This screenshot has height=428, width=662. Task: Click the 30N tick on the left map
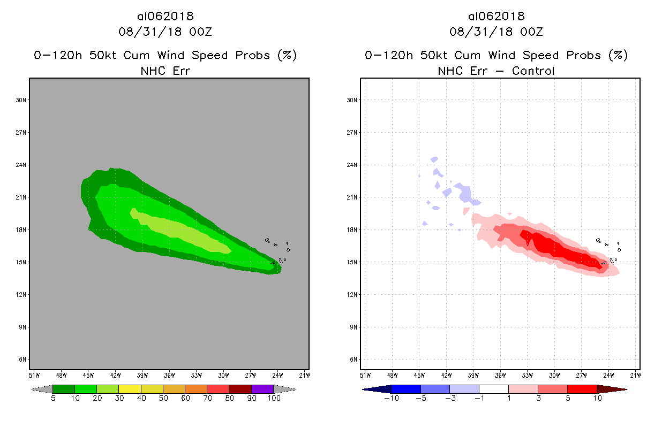[x=22, y=100]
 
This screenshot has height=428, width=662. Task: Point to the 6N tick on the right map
[x=353, y=360]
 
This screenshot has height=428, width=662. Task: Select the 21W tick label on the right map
[x=635, y=374]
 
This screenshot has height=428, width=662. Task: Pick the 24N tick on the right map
[x=353, y=165]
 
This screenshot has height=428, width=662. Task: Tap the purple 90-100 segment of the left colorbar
[x=262, y=389]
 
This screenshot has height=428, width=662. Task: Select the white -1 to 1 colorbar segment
[x=493, y=389]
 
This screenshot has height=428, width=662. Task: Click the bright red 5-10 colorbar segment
[x=582, y=389]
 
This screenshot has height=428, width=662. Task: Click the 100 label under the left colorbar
[x=274, y=399]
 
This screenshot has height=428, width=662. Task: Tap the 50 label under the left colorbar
[x=163, y=399]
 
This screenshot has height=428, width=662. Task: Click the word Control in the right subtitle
[x=533, y=71]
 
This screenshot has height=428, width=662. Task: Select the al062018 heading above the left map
[x=165, y=17]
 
